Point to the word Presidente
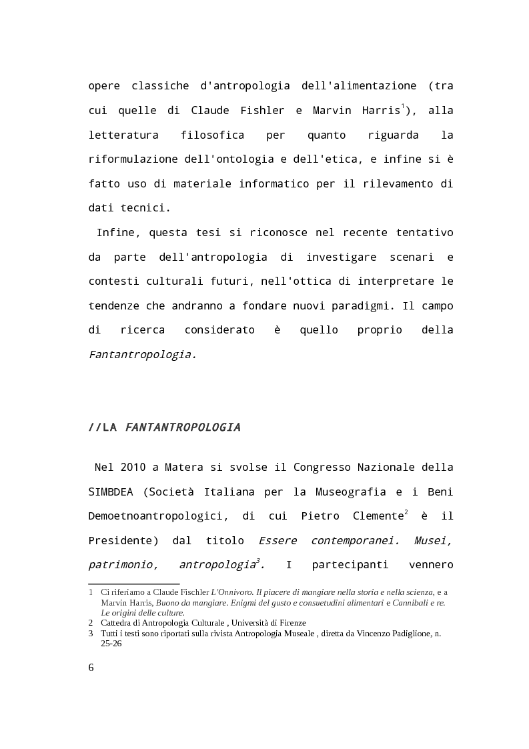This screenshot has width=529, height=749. (x=123, y=541)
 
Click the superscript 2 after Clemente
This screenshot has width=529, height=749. (x=406, y=513)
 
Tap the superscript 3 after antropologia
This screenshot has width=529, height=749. (x=257, y=562)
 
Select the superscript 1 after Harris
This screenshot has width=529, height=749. (x=402, y=107)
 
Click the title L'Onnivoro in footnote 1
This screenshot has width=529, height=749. (x=231, y=592)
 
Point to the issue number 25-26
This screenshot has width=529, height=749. (x=111, y=644)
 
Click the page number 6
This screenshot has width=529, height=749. (x=91, y=668)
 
